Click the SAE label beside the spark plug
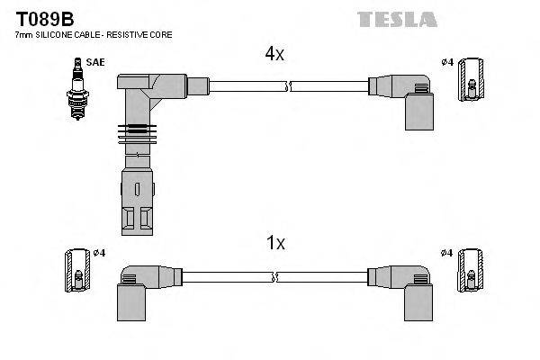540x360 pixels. (x=94, y=62)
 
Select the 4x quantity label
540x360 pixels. (x=274, y=54)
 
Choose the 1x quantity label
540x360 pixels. (x=274, y=242)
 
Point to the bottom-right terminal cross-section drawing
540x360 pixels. (x=470, y=269)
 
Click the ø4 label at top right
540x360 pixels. (x=447, y=62)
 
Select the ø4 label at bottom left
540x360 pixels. (x=98, y=252)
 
